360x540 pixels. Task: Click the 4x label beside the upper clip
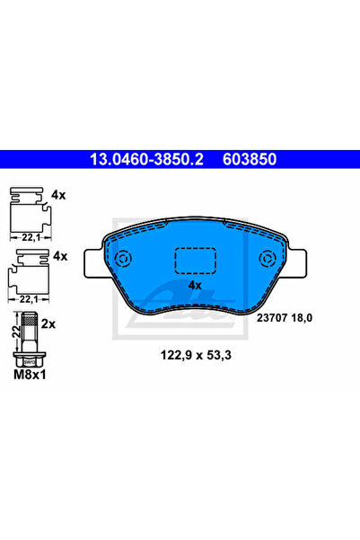pos(59,194)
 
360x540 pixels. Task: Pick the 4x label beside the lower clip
pos(59,256)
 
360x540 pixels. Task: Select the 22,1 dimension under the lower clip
pos(29,296)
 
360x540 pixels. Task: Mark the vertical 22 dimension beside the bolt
pos(13,332)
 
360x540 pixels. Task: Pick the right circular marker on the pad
pos(267,260)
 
